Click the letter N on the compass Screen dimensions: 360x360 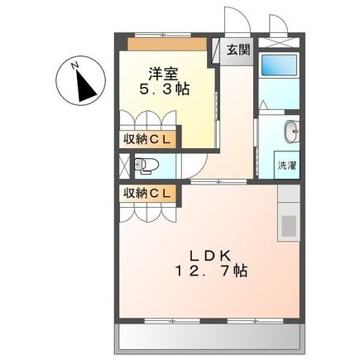click(74, 64)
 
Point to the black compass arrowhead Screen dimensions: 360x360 click(84, 85)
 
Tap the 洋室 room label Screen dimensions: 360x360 click(162, 73)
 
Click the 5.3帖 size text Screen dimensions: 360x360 click(163, 89)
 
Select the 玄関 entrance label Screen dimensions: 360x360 click(238, 50)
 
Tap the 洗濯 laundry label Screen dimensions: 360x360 click(287, 165)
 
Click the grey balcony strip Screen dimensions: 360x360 click(209, 336)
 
